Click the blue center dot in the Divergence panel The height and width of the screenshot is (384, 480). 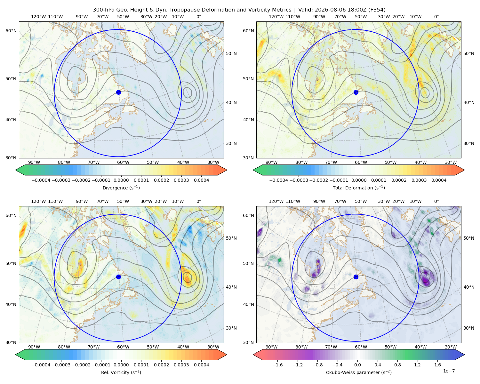(x=118, y=92)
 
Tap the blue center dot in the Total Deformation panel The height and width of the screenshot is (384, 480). (x=356, y=92)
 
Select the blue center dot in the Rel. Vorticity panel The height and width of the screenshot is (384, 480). (x=118, y=277)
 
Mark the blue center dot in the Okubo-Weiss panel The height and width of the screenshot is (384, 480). (x=356, y=277)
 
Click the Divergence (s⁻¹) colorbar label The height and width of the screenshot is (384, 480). (x=121, y=188)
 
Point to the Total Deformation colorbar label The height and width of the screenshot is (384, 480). (x=359, y=188)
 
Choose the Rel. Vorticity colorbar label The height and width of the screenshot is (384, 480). (x=121, y=372)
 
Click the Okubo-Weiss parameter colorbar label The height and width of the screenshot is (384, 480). (x=359, y=372)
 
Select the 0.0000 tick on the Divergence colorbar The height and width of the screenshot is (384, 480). (x=121, y=180)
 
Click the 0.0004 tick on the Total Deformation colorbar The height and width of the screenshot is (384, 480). (x=439, y=180)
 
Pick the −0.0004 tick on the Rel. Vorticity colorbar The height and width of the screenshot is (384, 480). (x=41, y=364)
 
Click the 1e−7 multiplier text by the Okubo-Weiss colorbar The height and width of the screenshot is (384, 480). (x=449, y=371)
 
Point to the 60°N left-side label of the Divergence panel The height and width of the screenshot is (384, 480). (x=11, y=31)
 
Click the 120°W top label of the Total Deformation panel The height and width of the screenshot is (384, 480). (x=276, y=17)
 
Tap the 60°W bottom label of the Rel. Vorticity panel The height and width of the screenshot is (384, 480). (x=123, y=347)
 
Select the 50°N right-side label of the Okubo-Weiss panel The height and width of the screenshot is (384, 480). (x=468, y=238)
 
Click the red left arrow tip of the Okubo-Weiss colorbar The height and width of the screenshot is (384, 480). (x=253, y=355)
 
